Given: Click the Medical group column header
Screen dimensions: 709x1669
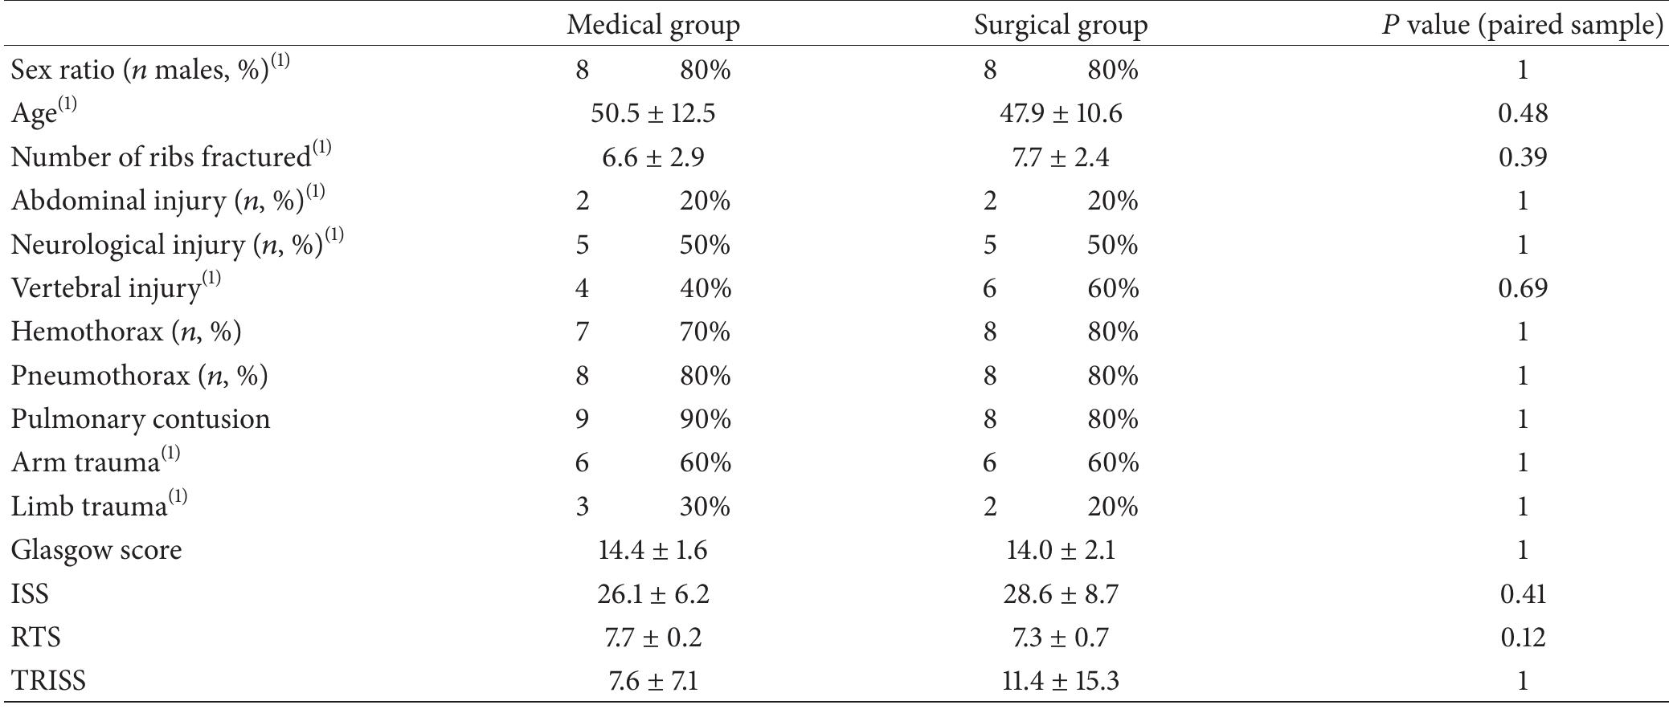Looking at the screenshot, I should click(x=652, y=26).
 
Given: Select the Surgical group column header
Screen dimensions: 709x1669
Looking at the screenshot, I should click(x=1061, y=26).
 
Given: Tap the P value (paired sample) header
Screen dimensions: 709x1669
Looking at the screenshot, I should click(x=1522, y=26).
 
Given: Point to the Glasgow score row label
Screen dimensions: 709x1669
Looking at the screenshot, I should click(x=96, y=550).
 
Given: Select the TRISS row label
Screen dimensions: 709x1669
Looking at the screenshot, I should click(x=48, y=681).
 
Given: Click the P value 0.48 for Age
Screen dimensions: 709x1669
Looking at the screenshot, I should click(x=1523, y=113).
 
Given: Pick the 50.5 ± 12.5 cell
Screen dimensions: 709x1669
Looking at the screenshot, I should click(x=652, y=113).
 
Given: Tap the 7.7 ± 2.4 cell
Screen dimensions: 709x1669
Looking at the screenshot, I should click(x=1061, y=157).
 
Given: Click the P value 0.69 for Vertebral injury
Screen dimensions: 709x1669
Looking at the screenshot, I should click(x=1523, y=287).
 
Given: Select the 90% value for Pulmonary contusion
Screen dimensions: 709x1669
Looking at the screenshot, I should click(x=705, y=419).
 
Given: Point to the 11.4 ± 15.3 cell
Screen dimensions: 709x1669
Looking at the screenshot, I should click(x=1061, y=681).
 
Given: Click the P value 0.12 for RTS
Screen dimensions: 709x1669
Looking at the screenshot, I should click(x=1523, y=638).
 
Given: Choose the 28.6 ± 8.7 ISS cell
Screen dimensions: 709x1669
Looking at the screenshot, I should click(x=1061, y=594).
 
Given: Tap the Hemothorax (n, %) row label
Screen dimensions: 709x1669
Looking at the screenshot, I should click(x=126, y=332).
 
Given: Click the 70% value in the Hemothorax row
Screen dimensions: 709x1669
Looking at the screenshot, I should click(x=705, y=332).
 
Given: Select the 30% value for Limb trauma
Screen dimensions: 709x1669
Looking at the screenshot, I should click(x=705, y=507).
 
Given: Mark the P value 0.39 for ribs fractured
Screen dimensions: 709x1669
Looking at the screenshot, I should click(x=1523, y=157).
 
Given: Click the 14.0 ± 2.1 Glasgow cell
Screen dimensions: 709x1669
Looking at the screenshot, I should click(x=1061, y=550).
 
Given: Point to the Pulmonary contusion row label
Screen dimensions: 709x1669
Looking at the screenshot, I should click(x=141, y=419).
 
